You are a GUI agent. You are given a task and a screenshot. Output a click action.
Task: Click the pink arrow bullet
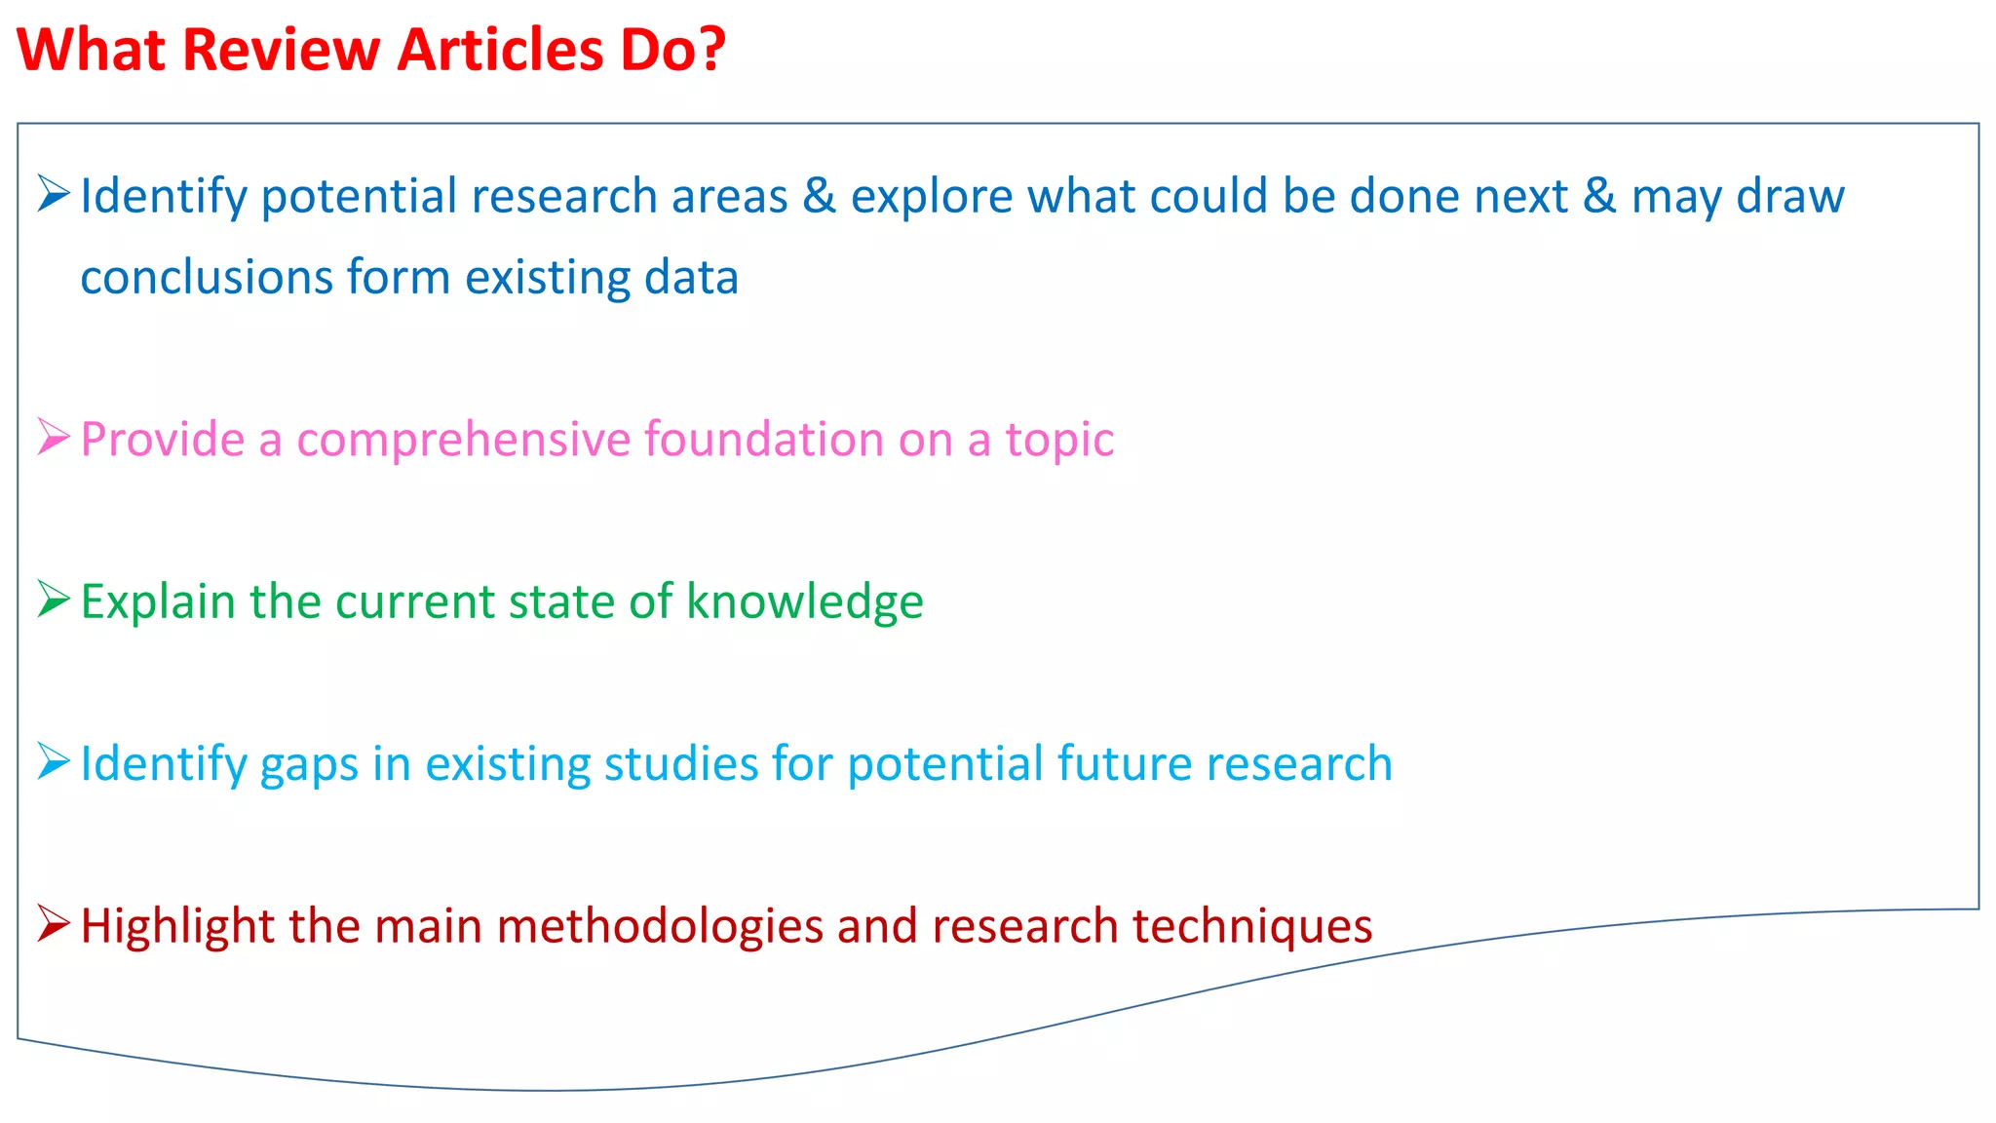click(54, 437)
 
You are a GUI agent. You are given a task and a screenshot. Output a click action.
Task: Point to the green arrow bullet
click(54, 599)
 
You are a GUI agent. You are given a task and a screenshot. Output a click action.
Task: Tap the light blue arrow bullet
click(54, 761)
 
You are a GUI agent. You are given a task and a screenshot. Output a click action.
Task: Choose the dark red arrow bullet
click(54, 923)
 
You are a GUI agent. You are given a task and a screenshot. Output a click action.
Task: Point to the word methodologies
click(660, 927)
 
